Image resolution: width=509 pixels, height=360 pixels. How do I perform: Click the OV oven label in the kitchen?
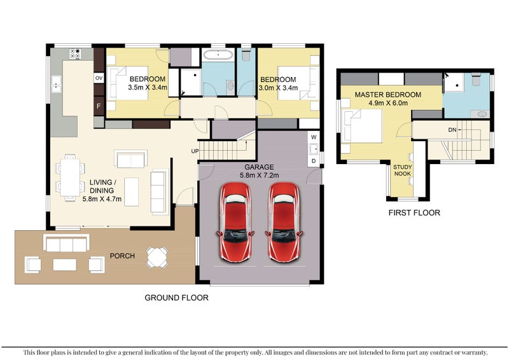point(99,78)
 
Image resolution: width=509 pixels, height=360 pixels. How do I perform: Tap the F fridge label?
point(99,106)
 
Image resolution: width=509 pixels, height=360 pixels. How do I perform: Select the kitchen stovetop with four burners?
point(75,53)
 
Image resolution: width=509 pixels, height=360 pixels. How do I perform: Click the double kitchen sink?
point(56,84)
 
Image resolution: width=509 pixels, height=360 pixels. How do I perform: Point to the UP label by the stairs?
point(195,151)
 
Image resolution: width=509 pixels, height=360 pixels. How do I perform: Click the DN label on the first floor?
point(452,130)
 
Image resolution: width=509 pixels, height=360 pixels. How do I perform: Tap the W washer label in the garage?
point(314,137)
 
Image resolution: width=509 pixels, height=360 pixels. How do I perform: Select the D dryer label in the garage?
point(314,161)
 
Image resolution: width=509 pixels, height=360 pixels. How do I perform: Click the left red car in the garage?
point(235,223)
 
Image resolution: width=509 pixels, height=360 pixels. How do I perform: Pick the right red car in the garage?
point(284,223)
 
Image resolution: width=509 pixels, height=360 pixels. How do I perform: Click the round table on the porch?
point(157,257)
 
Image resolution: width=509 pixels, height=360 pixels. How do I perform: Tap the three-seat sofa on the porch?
point(66,243)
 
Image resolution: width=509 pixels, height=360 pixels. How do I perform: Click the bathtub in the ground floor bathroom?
point(218,55)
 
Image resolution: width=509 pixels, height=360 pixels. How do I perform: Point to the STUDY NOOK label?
point(402,170)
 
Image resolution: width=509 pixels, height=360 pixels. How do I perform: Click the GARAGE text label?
point(259,167)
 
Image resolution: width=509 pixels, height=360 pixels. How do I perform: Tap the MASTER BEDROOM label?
point(388,95)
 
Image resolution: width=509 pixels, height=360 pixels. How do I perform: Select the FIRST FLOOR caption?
point(414,213)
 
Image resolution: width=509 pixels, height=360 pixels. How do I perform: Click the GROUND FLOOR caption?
point(176,298)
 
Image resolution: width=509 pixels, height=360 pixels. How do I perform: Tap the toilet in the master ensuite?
point(476,80)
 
